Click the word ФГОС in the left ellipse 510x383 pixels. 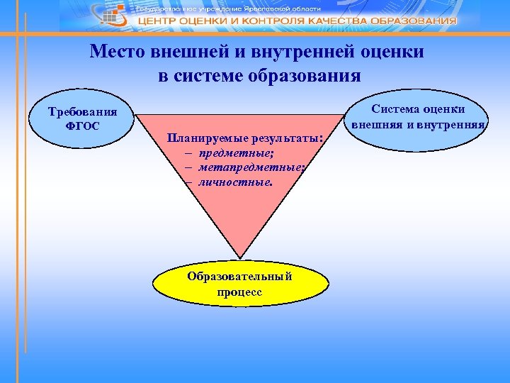(82, 126)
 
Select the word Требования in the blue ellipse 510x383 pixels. (82, 112)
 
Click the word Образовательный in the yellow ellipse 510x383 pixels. (239, 276)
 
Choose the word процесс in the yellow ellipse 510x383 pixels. (239, 291)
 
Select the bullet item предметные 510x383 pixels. (227, 152)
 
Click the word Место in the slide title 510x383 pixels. (116, 52)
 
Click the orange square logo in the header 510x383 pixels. (120, 10)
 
